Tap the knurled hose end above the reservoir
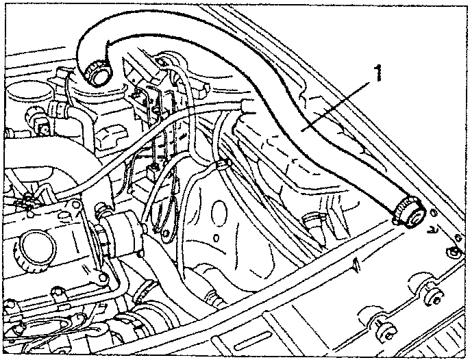pos(97,74)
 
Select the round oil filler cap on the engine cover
pos(35,251)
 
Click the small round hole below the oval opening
pos(216,237)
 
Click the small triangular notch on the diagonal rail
pos(356,264)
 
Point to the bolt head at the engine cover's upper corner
pos(103,277)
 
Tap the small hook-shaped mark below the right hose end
pos(432,230)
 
